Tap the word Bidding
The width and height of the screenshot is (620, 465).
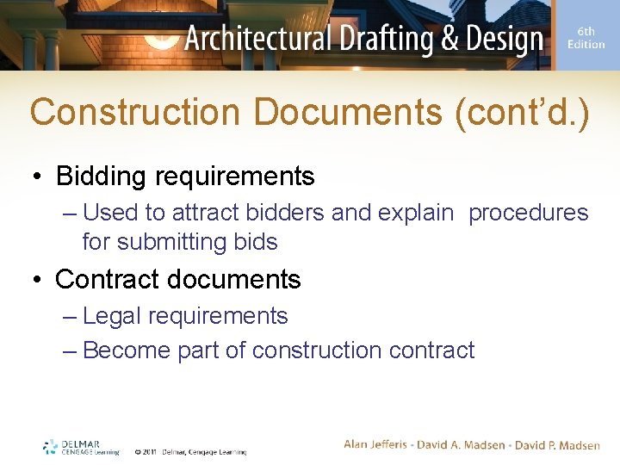coord(102,177)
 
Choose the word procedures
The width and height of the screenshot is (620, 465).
coord(528,213)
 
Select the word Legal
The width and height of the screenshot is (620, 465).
coord(113,316)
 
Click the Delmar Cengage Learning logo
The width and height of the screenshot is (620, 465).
coord(82,448)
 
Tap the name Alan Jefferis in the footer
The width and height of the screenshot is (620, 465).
coord(381,444)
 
